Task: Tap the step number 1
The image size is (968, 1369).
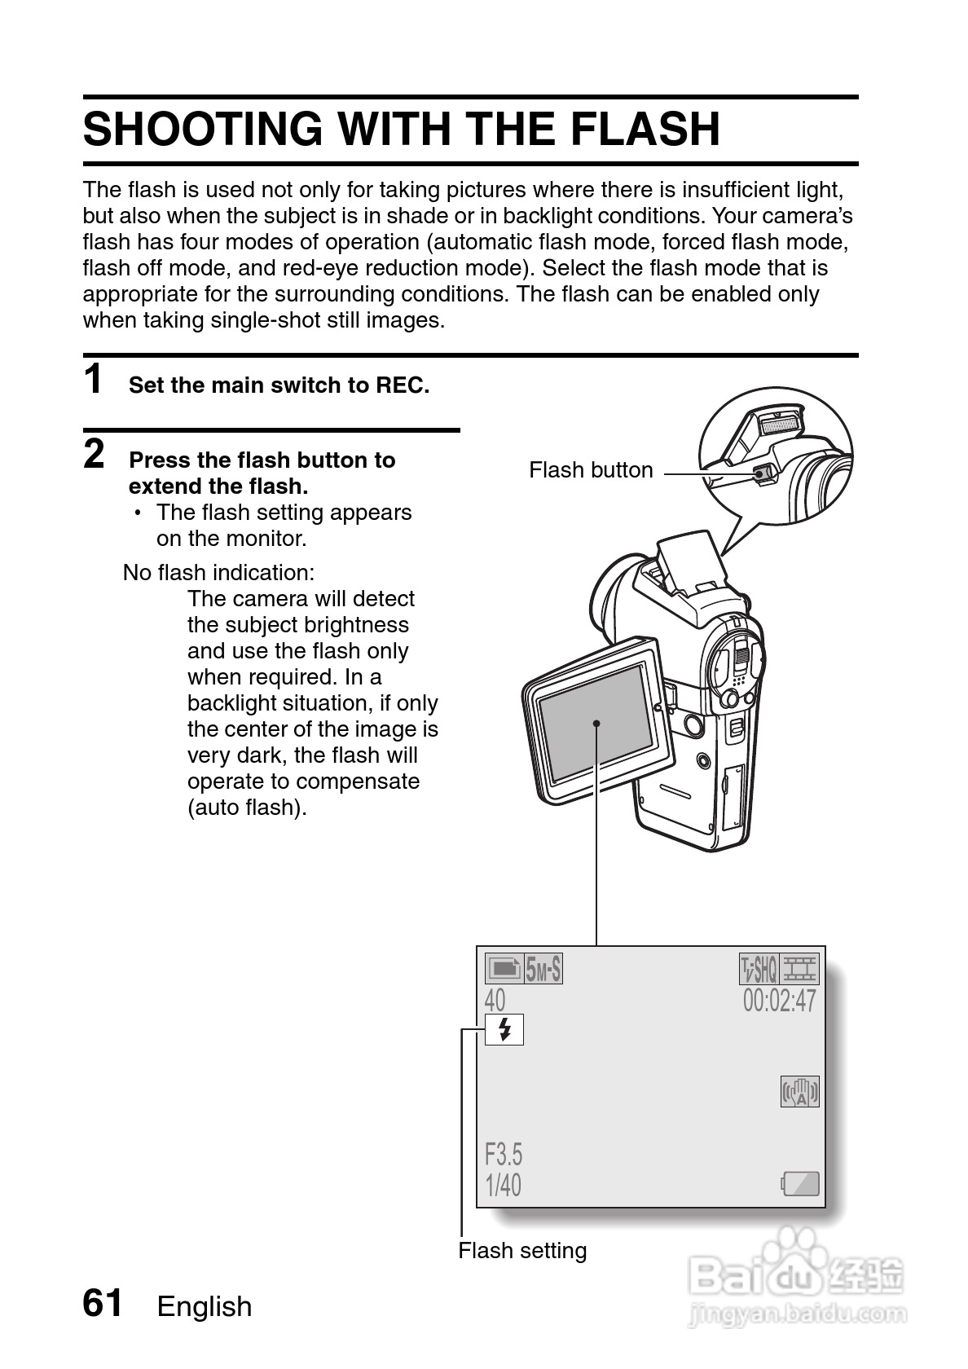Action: (x=94, y=380)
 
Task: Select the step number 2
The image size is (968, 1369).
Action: (x=95, y=455)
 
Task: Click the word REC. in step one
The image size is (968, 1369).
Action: (x=402, y=385)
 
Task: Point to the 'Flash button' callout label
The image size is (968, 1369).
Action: (x=591, y=470)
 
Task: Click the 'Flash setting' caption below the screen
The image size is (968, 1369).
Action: (x=522, y=1251)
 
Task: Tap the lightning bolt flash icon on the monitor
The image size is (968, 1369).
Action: (x=504, y=1030)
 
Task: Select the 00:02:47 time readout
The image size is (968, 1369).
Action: (x=779, y=1000)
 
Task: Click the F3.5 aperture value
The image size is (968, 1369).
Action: (x=504, y=1154)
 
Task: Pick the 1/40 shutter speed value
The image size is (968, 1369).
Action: (x=503, y=1185)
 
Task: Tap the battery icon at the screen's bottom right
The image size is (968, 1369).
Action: (x=800, y=1183)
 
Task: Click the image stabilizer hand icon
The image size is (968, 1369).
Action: (x=800, y=1092)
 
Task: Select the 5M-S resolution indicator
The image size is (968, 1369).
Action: (x=543, y=969)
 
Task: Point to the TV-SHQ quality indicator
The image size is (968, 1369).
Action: (x=759, y=969)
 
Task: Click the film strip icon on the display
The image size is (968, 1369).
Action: (x=800, y=969)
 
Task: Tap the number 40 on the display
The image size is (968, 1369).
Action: (x=495, y=1000)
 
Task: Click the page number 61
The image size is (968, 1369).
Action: (x=103, y=1303)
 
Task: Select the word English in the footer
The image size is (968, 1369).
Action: (x=205, y=1306)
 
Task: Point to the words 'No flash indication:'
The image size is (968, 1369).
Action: (x=218, y=572)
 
